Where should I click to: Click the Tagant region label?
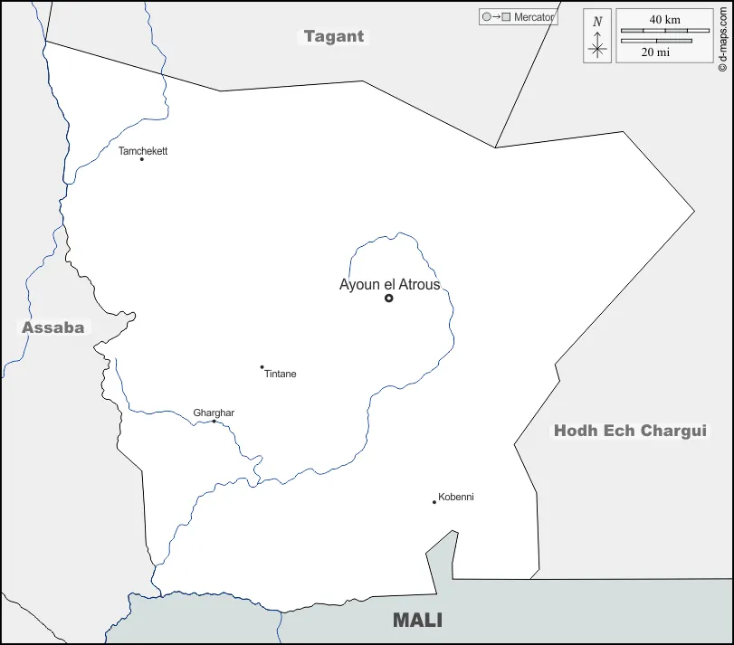(x=334, y=36)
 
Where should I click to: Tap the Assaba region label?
(x=53, y=327)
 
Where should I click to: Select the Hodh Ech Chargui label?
(x=630, y=431)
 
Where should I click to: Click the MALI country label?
(x=417, y=620)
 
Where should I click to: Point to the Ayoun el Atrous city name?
(x=389, y=284)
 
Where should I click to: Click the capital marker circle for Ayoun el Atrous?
(x=389, y=298)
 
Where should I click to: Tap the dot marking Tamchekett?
(x=142, y=159)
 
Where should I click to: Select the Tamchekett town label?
(x=143, y=151)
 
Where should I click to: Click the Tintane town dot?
(x=262, y=367)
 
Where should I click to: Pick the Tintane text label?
(x=281, y=374)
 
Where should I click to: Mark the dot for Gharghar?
(x=214, y=421)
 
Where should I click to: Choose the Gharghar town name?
(x=214, y=413)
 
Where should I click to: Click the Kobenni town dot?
(x=434, y=502)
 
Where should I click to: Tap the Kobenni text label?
(x=456, y=497)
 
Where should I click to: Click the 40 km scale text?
(x=664, y=19)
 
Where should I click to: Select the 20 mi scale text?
(x=655, y=52)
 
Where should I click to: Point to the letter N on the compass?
(x=596, y=22)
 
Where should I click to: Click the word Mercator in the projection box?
(x=534, y=17)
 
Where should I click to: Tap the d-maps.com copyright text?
(x=722, y=36)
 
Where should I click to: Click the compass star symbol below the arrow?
(x=596, y=50)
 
